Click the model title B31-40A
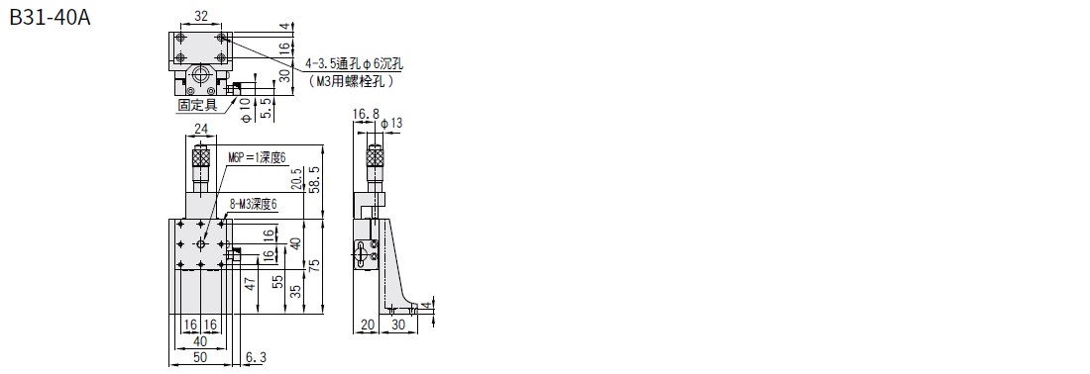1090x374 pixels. click(51, 18)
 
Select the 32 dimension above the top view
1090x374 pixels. click(201, 14)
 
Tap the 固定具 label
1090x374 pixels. click(197, 105)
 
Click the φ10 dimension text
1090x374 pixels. click(245, 110)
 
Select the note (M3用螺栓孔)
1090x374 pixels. click(352, 81)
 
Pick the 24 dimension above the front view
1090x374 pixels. click(201, 129)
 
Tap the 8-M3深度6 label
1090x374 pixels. click(253, 204)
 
